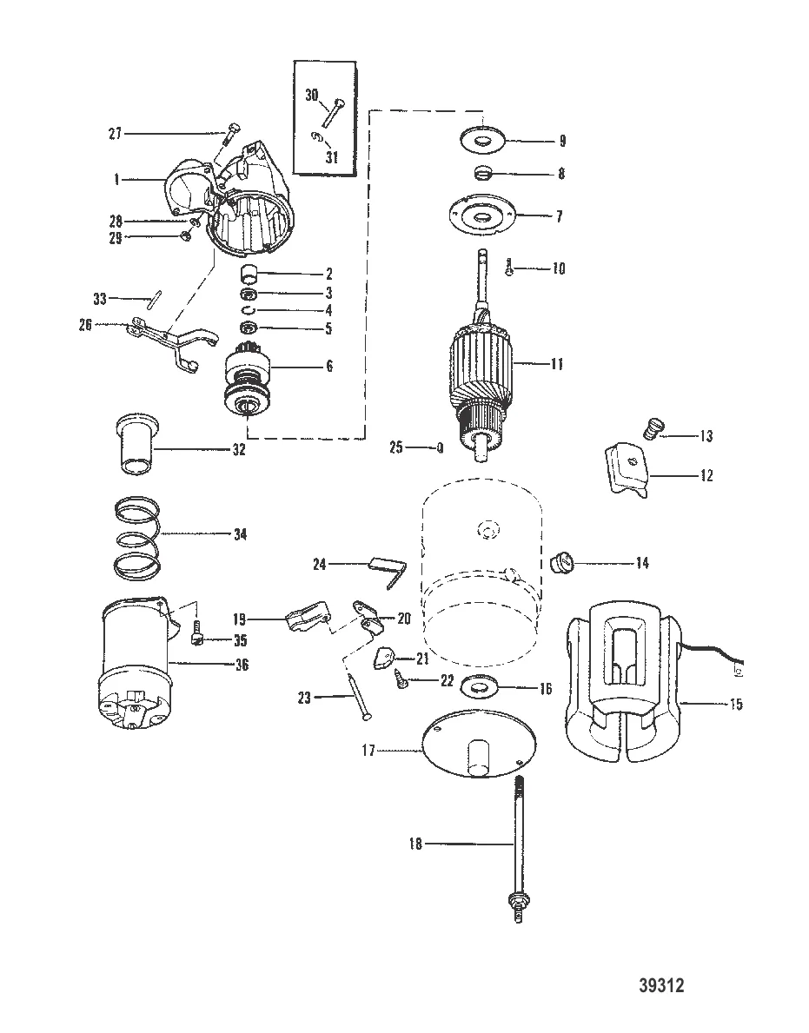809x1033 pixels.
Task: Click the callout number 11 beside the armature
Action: tap(557, 364)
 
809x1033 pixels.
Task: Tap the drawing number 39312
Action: tap(661, 985)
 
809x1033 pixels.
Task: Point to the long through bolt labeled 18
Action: tap(516, 850)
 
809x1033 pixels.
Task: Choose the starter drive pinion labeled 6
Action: tap(248, 385)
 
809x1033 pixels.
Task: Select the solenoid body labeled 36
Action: tap(136, 664)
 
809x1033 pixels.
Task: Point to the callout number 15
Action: tap(736, 705)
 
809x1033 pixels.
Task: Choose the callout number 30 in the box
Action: tap(312, 96)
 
